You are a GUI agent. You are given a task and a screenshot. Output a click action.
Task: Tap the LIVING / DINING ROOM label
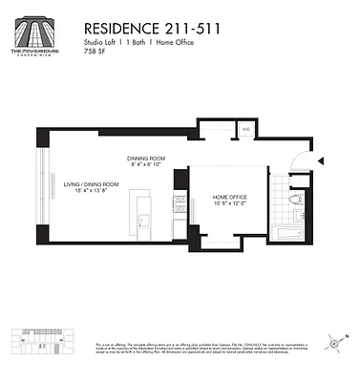[91, 183]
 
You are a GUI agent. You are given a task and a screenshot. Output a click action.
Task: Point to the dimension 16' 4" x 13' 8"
[91, 190]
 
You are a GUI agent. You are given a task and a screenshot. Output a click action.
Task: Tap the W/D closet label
[245, 128]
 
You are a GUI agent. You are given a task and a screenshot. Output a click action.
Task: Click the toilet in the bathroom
[296, 200]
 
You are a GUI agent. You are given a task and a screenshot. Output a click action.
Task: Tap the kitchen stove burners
[179, 201]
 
